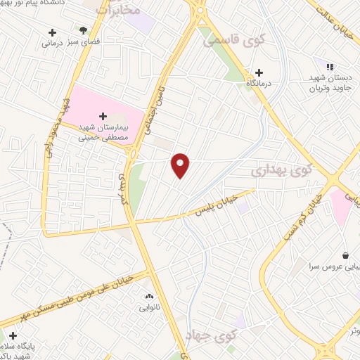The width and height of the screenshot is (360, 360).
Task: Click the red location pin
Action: click(x=181, y=165)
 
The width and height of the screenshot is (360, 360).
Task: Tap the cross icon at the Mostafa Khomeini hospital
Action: click(x=103, y=116)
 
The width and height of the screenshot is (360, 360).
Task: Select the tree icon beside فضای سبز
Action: click(x=84, y=31)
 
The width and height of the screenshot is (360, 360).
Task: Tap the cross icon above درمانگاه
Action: click(x=259, y=72)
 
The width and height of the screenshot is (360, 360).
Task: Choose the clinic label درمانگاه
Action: click(x=259, y=84)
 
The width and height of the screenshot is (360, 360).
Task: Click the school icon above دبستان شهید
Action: click(x=328, y=67)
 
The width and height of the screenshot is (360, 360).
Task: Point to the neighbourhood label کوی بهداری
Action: click(x=281, y=170)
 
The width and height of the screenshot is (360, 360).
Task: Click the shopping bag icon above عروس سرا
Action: click(x=345, y=255)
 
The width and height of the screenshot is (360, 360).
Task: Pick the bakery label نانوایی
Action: click(x=148, y=307)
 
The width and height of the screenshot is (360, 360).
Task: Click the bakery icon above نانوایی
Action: click(x=148, y=296)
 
